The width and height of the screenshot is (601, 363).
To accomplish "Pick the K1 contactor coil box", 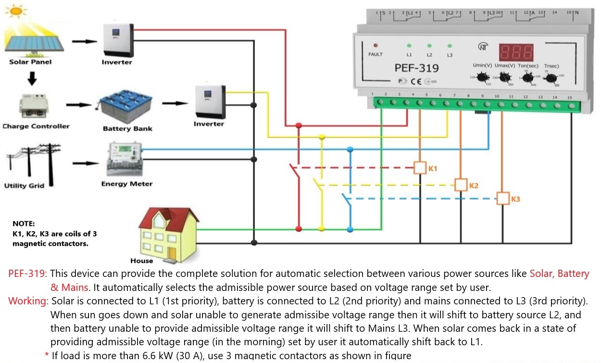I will coord(421,168).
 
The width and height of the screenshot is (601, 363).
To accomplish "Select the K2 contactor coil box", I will coord(462,185).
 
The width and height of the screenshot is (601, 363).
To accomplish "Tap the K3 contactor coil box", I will coord(503,198).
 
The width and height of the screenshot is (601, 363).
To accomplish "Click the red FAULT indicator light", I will coord(376,45).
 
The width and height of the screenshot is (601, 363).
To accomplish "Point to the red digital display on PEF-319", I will coord(516,52).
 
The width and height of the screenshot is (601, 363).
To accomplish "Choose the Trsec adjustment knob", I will coord(551,78).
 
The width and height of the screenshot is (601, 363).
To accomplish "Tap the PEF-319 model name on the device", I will coord(416,69).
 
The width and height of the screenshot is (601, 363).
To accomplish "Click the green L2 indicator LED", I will coord(429,46).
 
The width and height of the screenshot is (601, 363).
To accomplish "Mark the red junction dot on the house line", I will coord(299,228).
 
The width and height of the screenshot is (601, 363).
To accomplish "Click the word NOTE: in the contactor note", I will coord(24,224).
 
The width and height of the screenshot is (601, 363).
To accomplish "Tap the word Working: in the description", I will coord(28,301).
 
